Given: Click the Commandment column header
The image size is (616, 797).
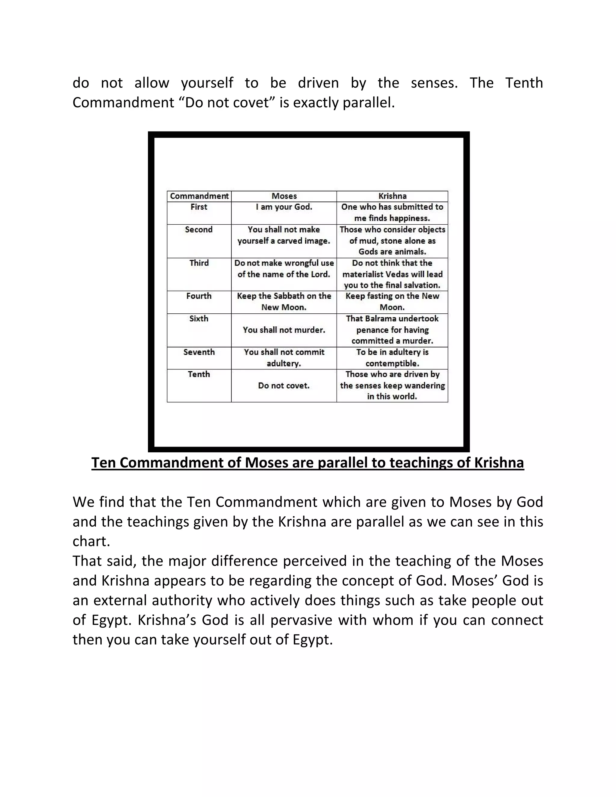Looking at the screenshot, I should click(x=199, y=196).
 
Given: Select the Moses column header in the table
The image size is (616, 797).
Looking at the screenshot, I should click(x=284, y=196).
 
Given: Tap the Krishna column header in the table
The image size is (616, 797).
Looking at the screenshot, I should click(x=392, y=196).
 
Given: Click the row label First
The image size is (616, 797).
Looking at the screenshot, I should click(x=199, y=207).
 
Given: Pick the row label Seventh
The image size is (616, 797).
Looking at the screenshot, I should click(x=199, y=352).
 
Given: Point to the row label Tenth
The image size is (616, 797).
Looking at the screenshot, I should click(x=199, y=374).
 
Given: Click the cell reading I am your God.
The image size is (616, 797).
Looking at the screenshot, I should click(x=284, y=207).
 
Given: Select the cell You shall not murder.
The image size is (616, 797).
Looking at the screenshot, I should click(x=284, y=330).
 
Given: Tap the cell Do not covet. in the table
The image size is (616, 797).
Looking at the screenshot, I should click(x=284, y=386).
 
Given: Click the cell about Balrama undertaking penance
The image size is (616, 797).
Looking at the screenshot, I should click(x=392, y=330).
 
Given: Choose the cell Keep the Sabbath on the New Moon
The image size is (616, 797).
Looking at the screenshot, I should click(x=284, y=302).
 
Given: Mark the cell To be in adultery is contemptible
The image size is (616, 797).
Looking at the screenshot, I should click(x=392, y=358).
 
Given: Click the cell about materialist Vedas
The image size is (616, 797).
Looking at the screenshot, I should click(x=392, y=274).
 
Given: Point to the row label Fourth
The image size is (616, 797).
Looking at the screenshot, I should click(x=199, y=296).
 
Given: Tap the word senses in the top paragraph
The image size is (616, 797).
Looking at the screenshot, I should click(x=434, y=83).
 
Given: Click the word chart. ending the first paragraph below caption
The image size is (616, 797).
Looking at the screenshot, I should click(x=91, y=541).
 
